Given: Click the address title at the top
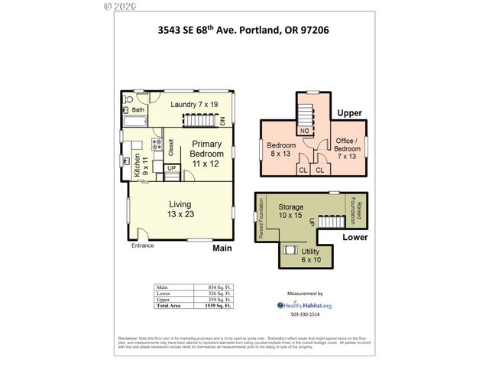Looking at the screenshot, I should coord(244,31).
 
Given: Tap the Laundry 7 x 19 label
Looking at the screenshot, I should coord(194,104).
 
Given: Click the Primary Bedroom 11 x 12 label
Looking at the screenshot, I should coord(207,154).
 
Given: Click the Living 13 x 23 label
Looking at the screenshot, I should coord(180,209).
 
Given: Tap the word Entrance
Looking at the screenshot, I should coord(143,245).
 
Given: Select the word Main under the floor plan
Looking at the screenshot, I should coord(222,248).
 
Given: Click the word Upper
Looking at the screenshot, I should coord(349,113).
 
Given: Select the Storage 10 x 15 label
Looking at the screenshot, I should coord(290,212).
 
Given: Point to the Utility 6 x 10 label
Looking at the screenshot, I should coord(312,255).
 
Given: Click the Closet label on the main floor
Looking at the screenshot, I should coord(170,146).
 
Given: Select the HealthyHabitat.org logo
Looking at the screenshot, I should coord(305,304).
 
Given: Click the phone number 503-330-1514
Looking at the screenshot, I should coord(305,315).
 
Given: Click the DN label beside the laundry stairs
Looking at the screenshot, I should coord(222,121).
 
